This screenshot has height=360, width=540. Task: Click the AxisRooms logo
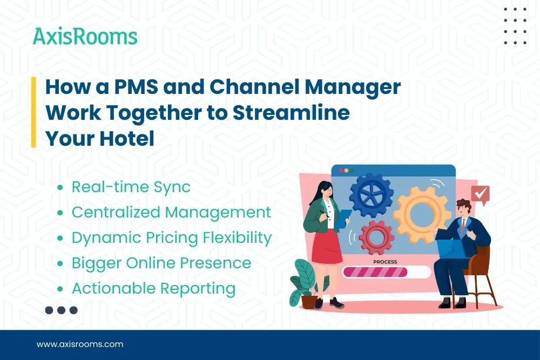[x=85, y=37]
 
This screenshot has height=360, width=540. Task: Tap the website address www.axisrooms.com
[x=80, y=344]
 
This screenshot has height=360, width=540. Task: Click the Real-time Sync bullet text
[x=131, y=187]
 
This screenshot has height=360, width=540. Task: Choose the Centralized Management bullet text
[x=171, y=212]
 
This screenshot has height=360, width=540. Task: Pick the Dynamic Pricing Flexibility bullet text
[x=171, y=237]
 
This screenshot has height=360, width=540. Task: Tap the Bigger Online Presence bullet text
[x=161, y=263]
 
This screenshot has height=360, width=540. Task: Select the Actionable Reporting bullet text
[x=153, y=288]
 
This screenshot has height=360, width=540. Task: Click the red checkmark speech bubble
[x=480, y=193]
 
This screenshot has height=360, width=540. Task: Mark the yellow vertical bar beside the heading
[x=33, y=112]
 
